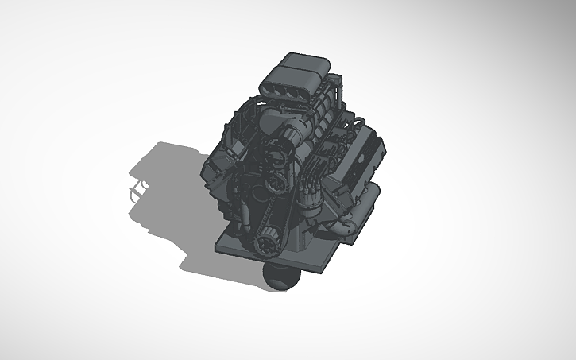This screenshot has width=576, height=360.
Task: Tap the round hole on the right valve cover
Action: [366, 157]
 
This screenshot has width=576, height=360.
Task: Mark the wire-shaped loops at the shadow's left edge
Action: [137, 192]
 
